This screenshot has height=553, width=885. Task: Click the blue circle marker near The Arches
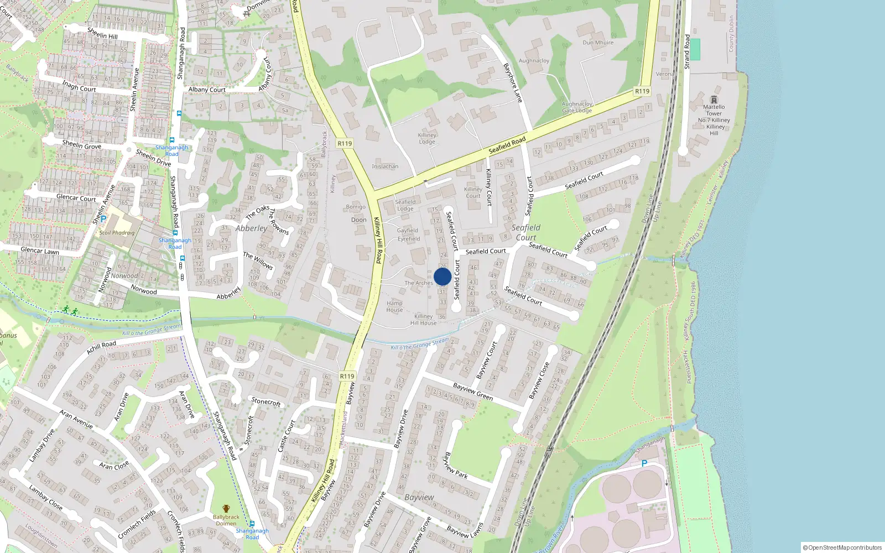coord(442,276)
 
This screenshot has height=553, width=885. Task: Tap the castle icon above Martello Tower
coord(714,100)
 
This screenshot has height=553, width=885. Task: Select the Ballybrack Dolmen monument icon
coord(226,509)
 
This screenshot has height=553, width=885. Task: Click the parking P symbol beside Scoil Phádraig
coord(103,220)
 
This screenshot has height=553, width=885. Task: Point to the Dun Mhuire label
coord(598,43)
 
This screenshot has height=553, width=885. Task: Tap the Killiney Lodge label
coord(427,138)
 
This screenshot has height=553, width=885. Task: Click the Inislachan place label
coord(385,166)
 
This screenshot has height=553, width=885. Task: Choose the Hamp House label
coord(394,306)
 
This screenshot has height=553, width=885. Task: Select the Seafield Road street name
coord(507,145)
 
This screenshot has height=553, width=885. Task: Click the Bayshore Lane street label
coord(512,82)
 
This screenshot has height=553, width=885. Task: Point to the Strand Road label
coord(688,51)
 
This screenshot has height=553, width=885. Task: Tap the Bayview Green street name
coord(473,392)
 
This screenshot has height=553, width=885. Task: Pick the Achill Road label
coord(101,347)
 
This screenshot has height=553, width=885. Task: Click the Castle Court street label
coord(286,436)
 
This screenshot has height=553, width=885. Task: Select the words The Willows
coord(258,260)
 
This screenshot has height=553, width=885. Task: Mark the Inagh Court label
coord(79,86)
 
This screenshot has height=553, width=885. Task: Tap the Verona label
coord(665,74)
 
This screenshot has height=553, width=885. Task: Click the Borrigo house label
coord(356,207)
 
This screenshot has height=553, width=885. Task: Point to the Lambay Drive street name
coord(41,445)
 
